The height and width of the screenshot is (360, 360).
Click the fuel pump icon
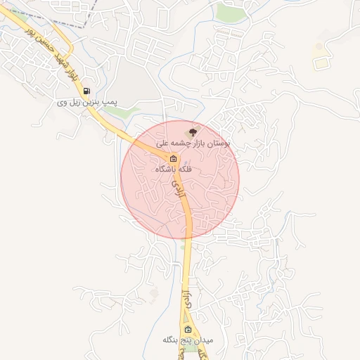(x=86, y=91)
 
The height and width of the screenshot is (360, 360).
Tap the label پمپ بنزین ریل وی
(x=87, y=103)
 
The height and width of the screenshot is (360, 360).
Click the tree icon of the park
(x=193, y=131)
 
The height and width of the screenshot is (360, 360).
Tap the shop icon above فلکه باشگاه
(x=173, y=158)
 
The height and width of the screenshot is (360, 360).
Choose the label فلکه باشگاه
(x=173, y=169)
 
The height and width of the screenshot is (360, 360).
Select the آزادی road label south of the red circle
(x=186, y=296)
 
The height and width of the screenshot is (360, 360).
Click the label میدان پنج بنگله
(x=187, y=341)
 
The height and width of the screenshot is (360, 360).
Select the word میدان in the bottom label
(x=210, y=341)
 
